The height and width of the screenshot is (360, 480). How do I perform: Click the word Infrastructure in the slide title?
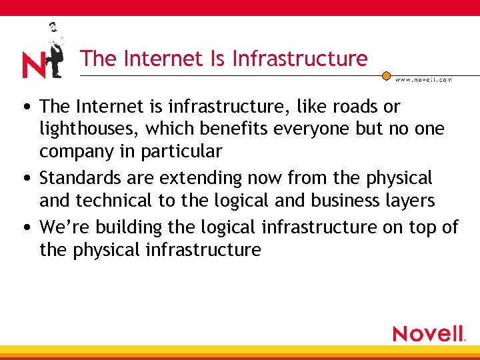(x=300, y=59)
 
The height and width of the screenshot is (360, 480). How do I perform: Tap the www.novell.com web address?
(x=423, y=79)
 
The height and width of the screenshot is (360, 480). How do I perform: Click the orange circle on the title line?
(x=386, y=75)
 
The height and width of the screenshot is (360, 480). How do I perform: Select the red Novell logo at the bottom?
(x=429, y=333)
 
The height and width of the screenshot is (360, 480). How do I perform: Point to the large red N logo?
(x=33, y=65)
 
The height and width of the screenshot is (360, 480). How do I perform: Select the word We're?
(x=65, y=227)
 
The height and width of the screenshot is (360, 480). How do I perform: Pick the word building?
(x=129, y=227)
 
